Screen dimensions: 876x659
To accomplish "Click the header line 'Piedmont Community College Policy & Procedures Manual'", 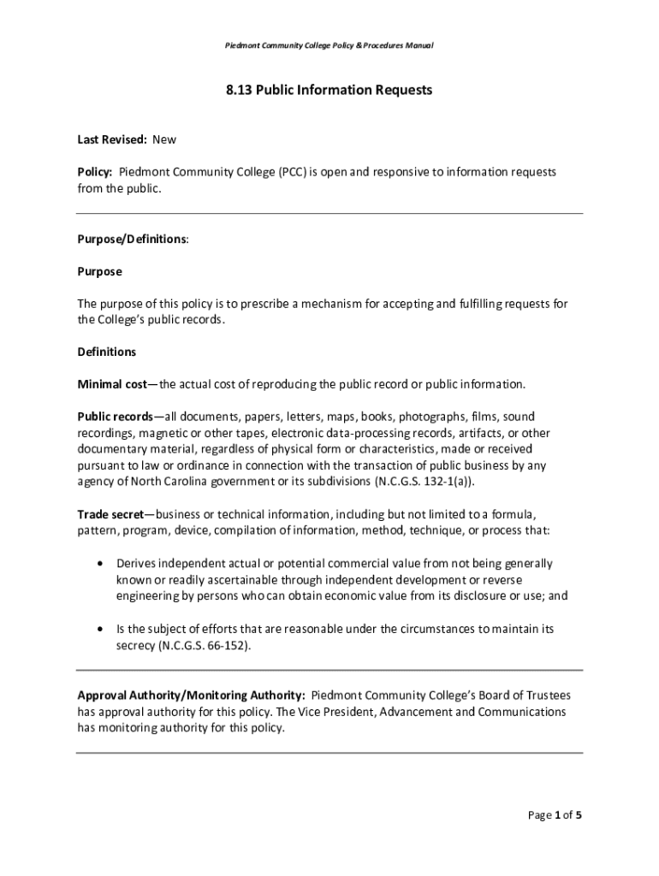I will click(x=329, y=44).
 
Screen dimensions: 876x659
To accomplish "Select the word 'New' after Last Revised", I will click(x=164, y=139).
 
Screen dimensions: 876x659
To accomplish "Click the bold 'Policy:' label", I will click(x=95, y=172).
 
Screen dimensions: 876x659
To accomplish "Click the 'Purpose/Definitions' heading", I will click(x=133, y=239).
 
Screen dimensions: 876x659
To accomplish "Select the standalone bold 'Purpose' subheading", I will click(x=100, y=271).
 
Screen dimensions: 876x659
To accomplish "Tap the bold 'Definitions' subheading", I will click(x=107, y=352).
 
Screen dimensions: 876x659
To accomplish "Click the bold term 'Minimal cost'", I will click(x=113, y=384).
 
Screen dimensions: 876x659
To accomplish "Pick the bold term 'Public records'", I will click(x=116, y=417).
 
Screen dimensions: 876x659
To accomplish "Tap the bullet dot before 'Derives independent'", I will click(x=102, y=564).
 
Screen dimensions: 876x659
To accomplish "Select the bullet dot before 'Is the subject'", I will click(x=102, y=629).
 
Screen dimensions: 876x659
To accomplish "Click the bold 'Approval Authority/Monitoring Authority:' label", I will click(x=192, y=695).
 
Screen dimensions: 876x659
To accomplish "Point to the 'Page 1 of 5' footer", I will click(x=555, y=815).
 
